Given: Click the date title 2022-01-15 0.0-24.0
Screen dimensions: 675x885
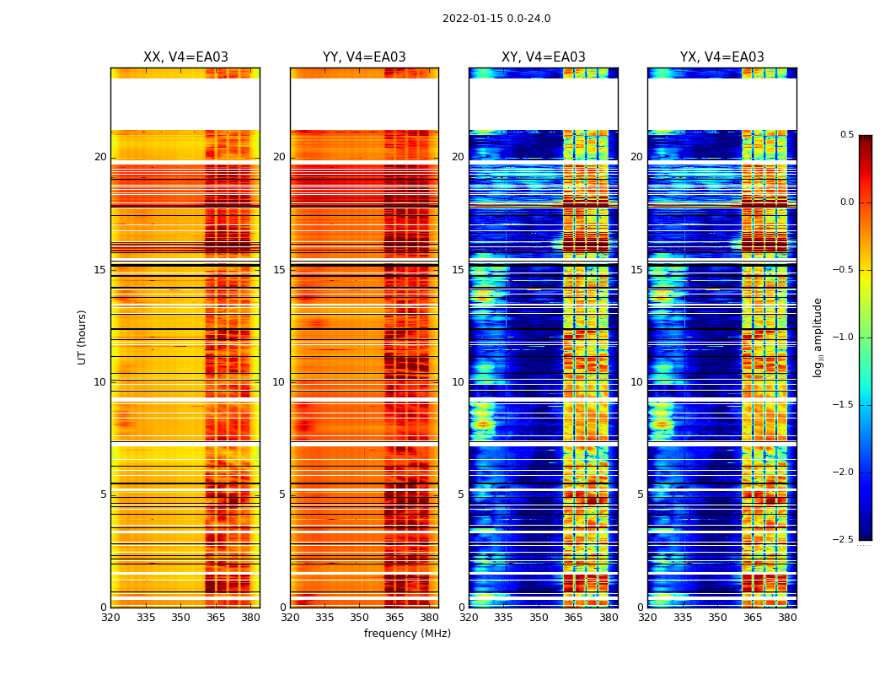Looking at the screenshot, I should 496,19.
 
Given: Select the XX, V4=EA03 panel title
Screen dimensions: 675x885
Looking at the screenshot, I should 185,57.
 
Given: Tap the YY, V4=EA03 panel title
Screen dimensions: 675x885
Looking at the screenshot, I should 364,57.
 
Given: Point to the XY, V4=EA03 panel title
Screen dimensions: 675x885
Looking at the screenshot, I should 544,57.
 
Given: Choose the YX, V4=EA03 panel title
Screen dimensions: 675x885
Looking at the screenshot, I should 722,57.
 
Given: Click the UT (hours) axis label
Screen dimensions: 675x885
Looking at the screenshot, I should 82,337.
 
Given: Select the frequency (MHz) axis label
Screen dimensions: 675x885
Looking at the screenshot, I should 407,634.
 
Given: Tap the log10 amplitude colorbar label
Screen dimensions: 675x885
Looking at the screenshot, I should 818,337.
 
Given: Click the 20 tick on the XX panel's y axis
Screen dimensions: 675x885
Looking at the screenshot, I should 100,157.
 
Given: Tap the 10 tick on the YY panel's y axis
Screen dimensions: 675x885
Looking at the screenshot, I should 279,382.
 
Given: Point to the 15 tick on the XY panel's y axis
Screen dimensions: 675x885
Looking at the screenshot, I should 458,270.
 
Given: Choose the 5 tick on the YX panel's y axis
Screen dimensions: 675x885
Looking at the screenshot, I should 640,494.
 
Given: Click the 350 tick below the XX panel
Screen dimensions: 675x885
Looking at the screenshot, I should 180,618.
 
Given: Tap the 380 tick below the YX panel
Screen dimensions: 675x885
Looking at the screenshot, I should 787,618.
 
